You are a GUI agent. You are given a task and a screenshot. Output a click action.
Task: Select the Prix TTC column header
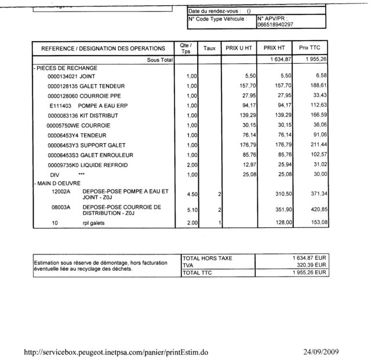pos(310,48)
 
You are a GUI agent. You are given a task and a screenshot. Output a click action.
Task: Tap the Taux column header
pos(210,48)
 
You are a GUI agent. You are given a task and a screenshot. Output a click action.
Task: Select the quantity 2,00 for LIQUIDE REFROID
pos(191,165)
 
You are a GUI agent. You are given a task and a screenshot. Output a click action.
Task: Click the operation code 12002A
pos(60,191)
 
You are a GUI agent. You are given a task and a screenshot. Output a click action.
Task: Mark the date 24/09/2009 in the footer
pos(321,352)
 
